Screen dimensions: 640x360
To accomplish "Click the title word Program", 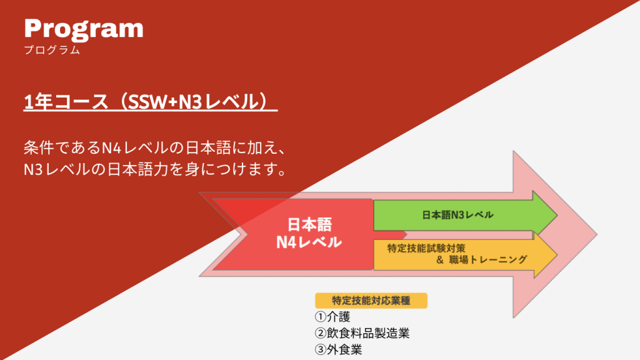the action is pos(84,30).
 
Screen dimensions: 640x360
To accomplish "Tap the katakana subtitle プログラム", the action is pos(52,50).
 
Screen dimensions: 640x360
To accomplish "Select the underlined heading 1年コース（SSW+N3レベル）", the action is pos(150,102).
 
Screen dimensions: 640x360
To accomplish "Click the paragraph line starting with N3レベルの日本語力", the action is pos(155,169).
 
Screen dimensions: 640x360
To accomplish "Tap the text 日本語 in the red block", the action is pos(310,224).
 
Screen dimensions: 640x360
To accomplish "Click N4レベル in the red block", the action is pos(309,242).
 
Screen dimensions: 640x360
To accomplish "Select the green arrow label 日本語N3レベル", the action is pos(457,215).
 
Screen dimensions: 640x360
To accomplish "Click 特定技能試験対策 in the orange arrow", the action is pos(426,248).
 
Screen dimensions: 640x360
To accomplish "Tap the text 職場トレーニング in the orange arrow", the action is pos(488,259).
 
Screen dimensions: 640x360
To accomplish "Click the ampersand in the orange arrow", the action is pos(439,259).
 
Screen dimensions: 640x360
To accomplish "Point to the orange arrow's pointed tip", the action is pos(557,255).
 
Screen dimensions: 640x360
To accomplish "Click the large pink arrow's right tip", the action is pos(597,234).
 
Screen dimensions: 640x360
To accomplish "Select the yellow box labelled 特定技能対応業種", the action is pos(371,301).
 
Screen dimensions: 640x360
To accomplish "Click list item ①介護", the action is pos(332,317).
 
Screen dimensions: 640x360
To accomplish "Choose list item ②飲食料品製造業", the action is pos(362,333).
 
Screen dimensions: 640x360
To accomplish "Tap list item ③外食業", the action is pos(338,350).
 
